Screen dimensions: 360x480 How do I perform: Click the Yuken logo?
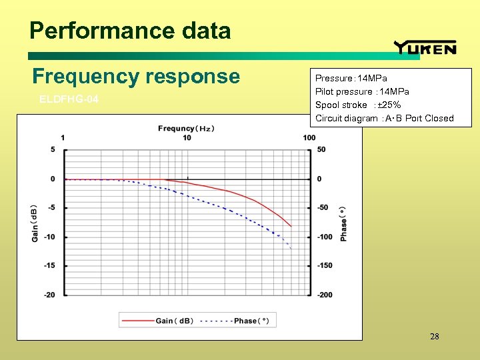pos(425,47)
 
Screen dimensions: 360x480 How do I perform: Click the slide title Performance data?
pos(130,31)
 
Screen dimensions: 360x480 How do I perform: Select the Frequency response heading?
pos(136,76)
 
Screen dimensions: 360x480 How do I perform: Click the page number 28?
pos(435,337)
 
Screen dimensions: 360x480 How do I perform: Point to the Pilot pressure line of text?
pos(362,91)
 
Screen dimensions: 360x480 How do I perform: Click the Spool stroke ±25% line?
pos(357,105)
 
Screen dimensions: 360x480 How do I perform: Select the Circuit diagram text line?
pos(384,118)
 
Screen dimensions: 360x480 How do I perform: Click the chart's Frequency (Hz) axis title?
pos(186,128)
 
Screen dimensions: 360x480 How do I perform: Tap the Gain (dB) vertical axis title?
pos(35,221)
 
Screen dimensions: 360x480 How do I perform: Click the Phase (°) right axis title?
pos(343,223)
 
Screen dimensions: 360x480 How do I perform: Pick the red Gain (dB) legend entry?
pos(157,321)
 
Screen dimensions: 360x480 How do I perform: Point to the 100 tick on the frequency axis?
pos(309,138)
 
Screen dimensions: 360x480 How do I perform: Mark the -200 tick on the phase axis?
pos(325,295)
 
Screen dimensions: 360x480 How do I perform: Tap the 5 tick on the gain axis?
pos(53,149)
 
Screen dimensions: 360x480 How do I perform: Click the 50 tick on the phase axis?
pos(321,149)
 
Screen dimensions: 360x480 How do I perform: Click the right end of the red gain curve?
pos(291,226)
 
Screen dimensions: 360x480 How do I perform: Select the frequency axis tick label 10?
pos(187,138)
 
